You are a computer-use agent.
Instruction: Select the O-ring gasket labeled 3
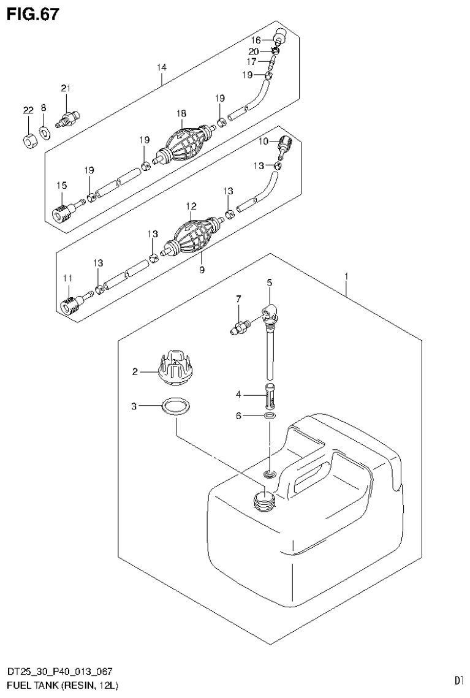pos(175,406)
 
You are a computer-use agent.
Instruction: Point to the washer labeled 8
pos(45,132)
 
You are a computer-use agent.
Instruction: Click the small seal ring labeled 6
pos(270,417)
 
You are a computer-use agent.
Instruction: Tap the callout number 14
pos(161,66)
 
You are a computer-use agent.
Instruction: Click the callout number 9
pos(202,269)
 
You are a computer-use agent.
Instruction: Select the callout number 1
pos(346,276)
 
